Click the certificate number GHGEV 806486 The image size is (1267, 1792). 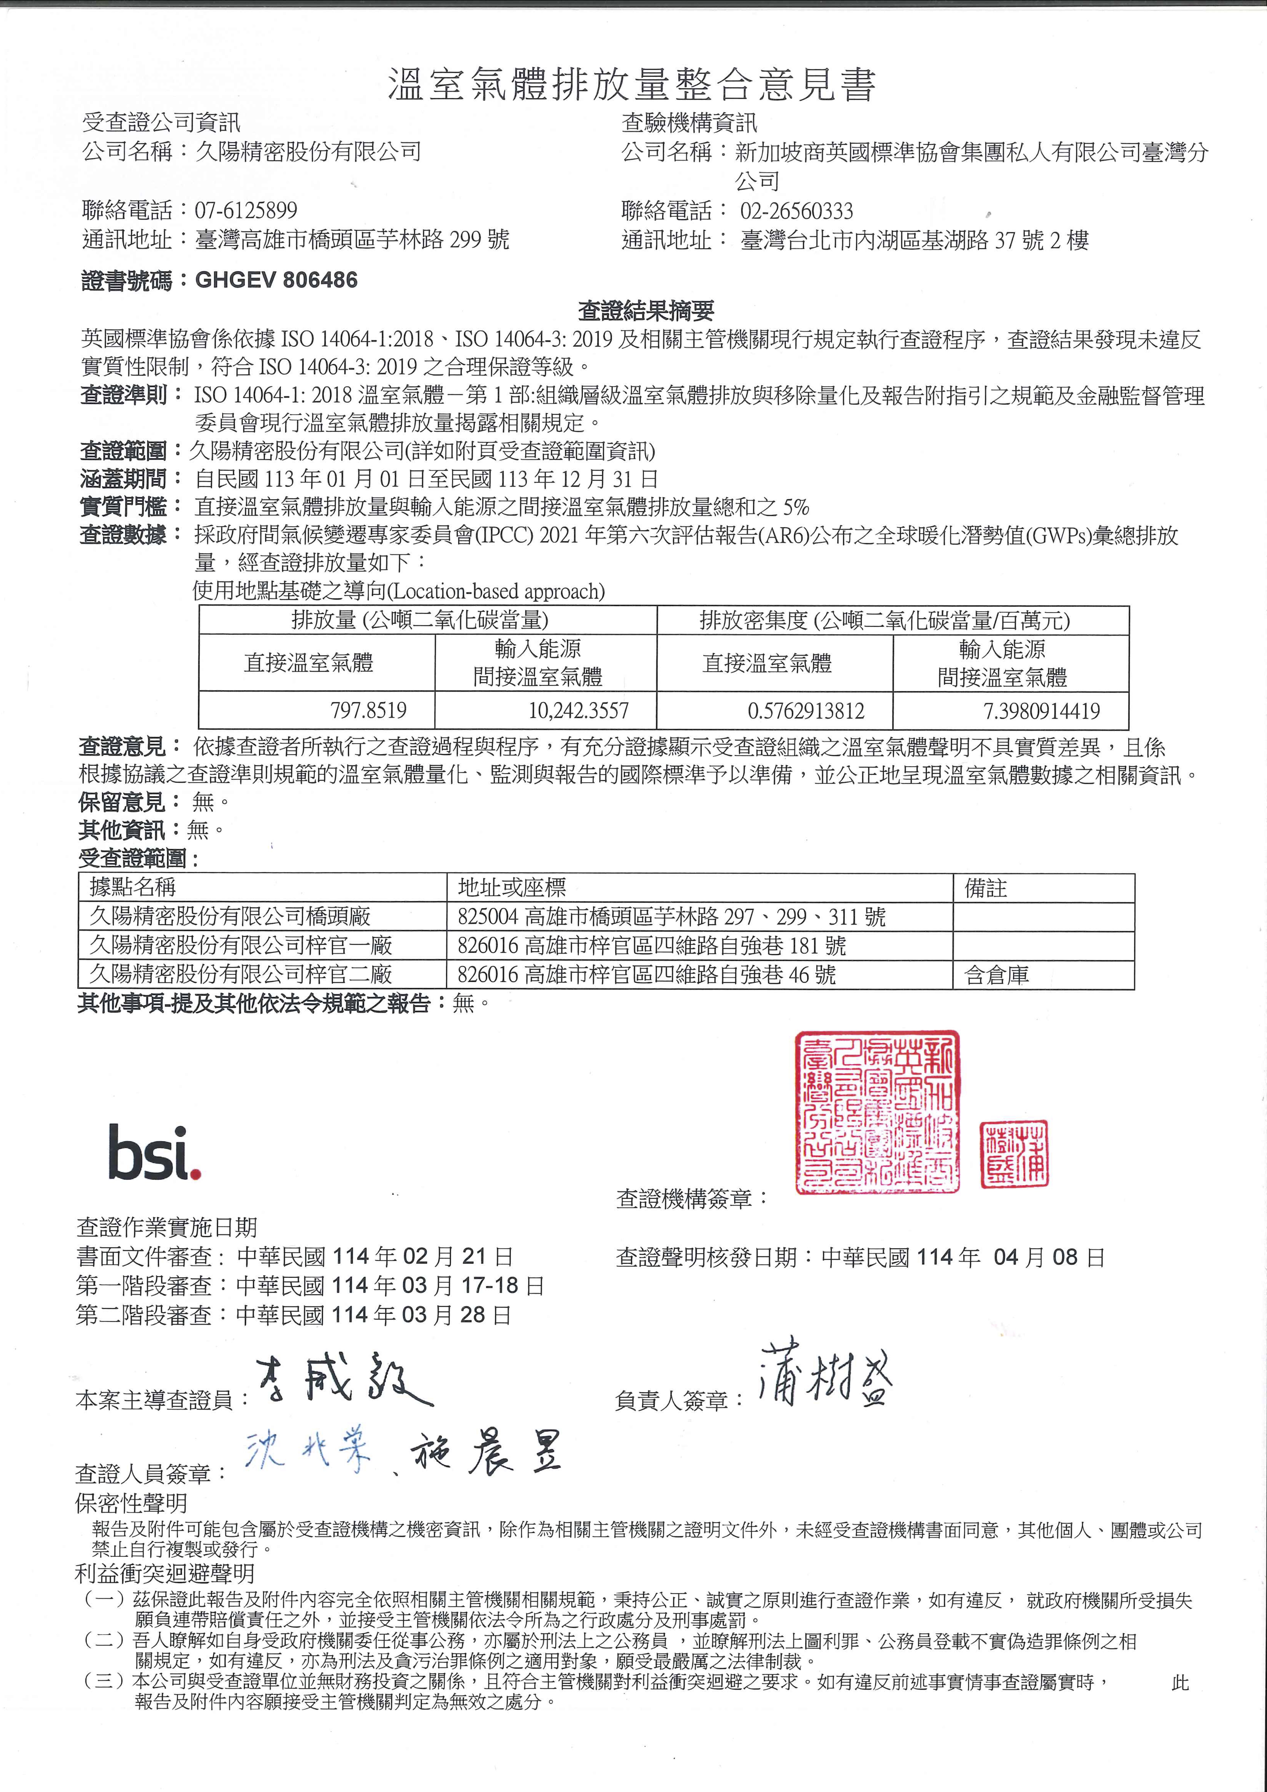click(x=276, y=280)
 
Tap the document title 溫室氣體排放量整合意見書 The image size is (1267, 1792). click(x=632, y=84)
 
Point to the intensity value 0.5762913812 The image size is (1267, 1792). click(x=806, y=711)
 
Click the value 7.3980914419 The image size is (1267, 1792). click(x=1041, y=711)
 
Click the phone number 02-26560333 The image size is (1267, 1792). click(x=796, y=211)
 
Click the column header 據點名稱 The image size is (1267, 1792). click(x=133, y=887)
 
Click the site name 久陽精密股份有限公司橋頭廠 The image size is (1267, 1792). click(x=229, y=916)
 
